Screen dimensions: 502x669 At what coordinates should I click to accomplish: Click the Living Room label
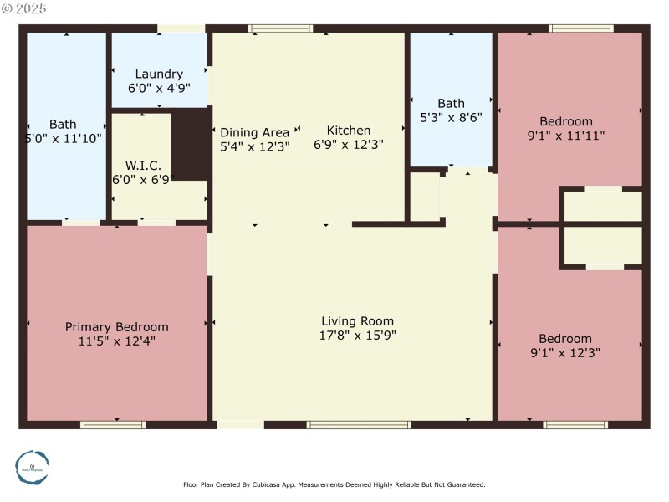tap(357, 321)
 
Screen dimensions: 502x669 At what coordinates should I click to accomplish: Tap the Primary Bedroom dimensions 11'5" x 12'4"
tap(117, 341)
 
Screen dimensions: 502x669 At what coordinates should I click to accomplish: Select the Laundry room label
tap(159, 74)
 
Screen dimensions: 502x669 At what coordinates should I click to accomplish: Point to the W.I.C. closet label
tap(143, 165)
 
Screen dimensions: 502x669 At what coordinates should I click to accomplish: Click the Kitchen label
tap(348, 131)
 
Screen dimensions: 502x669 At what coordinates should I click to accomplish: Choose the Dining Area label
tap(254, 132)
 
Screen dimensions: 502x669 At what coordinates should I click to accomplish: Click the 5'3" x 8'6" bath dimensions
tap(451, 118)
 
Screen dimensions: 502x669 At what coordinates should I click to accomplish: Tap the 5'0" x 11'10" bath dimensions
tap(64, 139)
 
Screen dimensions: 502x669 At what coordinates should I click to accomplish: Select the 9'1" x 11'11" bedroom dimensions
tap(565, 135)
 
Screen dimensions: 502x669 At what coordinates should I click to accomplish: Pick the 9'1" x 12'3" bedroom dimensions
tap(565, 352)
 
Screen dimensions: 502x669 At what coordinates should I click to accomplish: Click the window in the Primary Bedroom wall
tap(113, 425)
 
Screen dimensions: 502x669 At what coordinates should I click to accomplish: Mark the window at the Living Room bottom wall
tap(359, 425)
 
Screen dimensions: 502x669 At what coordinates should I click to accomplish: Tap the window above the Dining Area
tap(281, 28)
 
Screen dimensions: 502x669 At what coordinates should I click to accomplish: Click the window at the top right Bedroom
tap(580, 28)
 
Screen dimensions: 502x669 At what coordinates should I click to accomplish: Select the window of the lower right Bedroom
tap(575, 425)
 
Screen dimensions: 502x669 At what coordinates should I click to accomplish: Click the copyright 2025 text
tap(24, 8)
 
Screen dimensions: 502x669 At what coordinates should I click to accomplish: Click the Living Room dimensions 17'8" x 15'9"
tap(357, 336)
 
